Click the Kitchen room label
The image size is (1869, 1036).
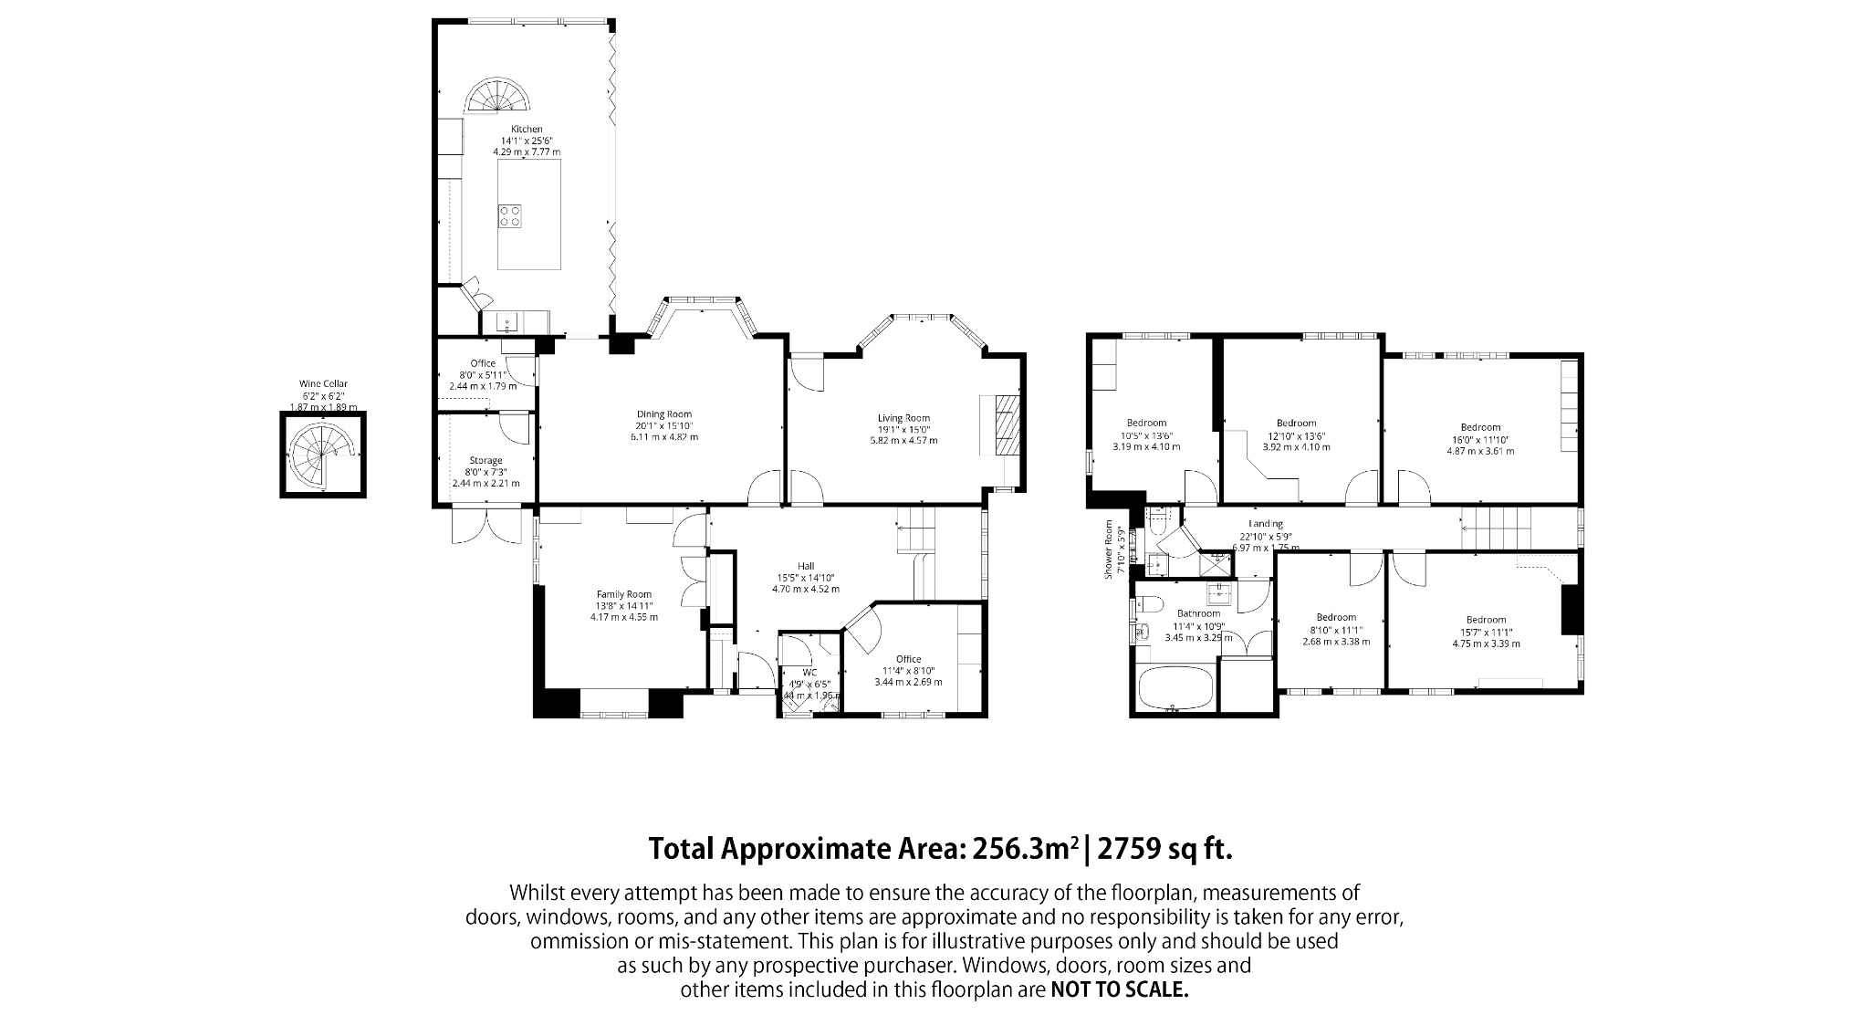pos(527,130)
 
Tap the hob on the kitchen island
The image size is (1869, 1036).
pos(511,216)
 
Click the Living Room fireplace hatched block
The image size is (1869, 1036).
pos(1005,424)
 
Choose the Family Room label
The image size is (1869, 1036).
pos(624,594)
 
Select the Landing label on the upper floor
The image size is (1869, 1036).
pos(1266,524)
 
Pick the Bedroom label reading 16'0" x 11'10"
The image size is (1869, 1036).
pos(1479,427)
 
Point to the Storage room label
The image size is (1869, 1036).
pos(486,461)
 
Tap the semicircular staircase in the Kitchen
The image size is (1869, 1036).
pos(499,98)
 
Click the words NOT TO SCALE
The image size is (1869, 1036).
pos(1120,990)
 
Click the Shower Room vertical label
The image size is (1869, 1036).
pos(1110,549)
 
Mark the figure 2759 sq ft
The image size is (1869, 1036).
pos(1164,849)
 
